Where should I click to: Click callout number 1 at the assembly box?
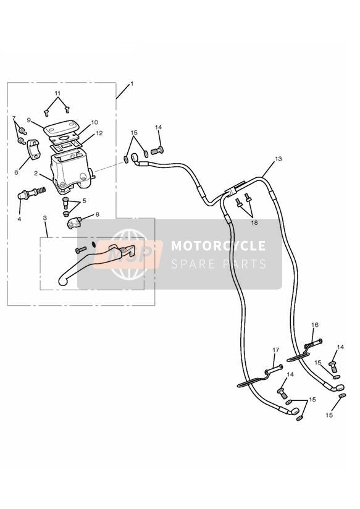pyautogui.click(x=132, y=84)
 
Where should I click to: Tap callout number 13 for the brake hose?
pyautogui.click(x=278, y=159)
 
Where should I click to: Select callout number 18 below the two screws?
pyautogui.click(x=254, y=222)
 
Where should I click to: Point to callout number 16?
pyautogui.click(x=315, y=325)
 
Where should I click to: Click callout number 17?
pyautogui.click(x=275, y=350)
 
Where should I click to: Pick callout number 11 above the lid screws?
pyautogui.click(x=57, y=93)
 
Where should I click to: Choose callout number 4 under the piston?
pyautogui.click(x=20, y=219)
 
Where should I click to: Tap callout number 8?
pyautogui.click(x=97, y=214)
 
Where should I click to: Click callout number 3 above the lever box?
pyautogui.click(x=45, y=219)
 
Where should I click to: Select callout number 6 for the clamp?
pyautogui.click(x=17, y=172)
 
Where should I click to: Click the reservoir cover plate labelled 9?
pyautogui.click(x=59, y=128)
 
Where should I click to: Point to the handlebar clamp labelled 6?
pyautogui.click(x=33, y=149)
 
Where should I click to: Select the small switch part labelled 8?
pyautogui.click(x=74, y=223)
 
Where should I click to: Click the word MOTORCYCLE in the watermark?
pyautogui.click(x=218, y=246)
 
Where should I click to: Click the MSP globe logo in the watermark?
pyautogui.click(x=129, y=254)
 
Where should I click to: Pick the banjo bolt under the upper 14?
pyautogui.click(x=157, y=150)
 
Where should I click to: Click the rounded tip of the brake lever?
pyautogui.click(x=63, y=281)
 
